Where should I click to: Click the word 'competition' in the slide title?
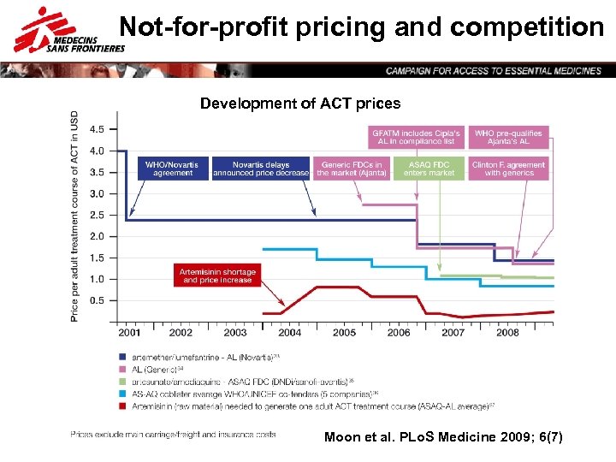coord(527,27)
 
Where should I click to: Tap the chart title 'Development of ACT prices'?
coord(299,104)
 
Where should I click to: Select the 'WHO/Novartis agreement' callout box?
coord(173,169)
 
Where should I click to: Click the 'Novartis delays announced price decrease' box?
coord(260,169)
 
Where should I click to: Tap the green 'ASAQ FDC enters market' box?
coord(429,169)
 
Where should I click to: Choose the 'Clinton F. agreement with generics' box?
coord(508,169)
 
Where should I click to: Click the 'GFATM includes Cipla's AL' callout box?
coord(417,138)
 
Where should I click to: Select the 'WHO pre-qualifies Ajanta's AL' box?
coord(508,138)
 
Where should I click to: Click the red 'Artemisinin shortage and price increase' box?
coord(217,275)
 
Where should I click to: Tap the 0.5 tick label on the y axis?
coord(97,300)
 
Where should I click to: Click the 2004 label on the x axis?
coord(290,332)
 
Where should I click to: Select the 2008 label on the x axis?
coord(507,332)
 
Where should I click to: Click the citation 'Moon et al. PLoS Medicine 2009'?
coord(443,437)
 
